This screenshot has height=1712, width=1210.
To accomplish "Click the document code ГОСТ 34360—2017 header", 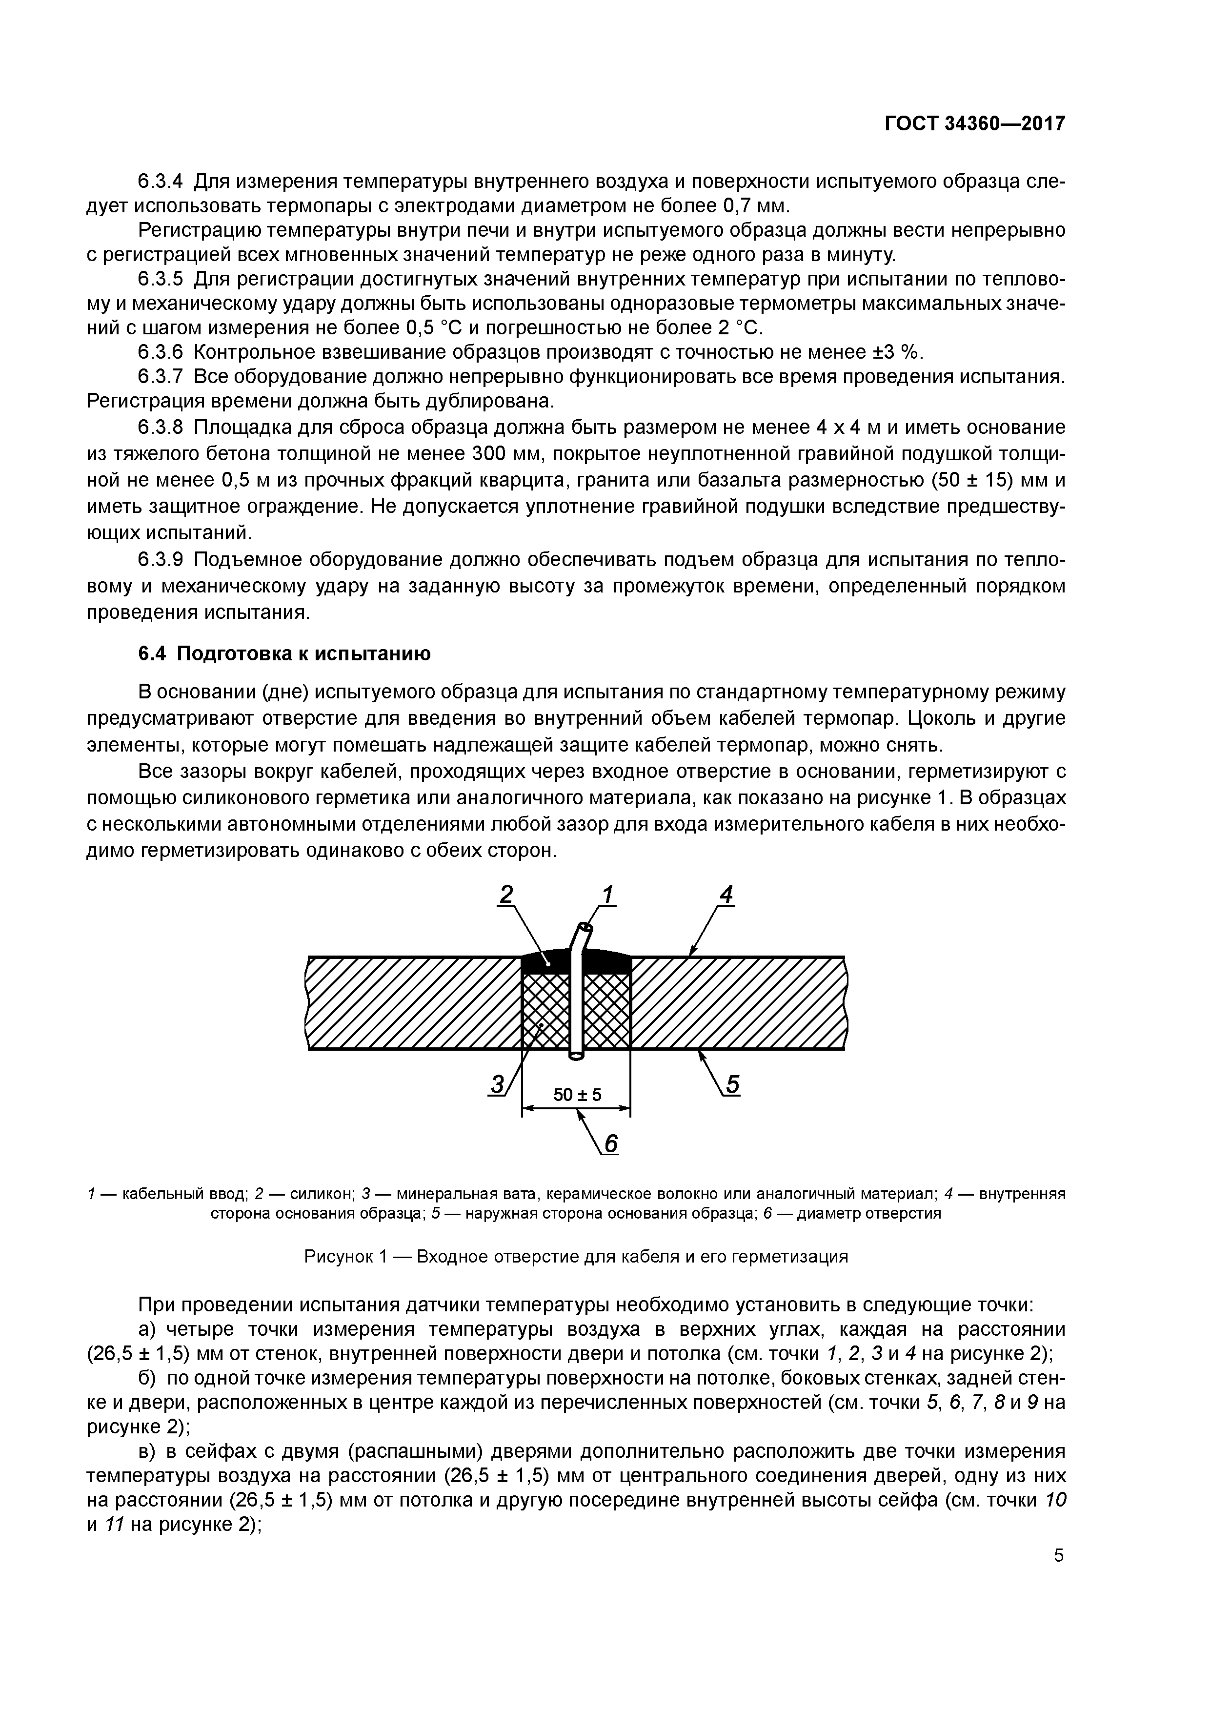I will tap(975, 124).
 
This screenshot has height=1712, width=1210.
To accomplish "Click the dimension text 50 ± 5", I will tap(577, 1095).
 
